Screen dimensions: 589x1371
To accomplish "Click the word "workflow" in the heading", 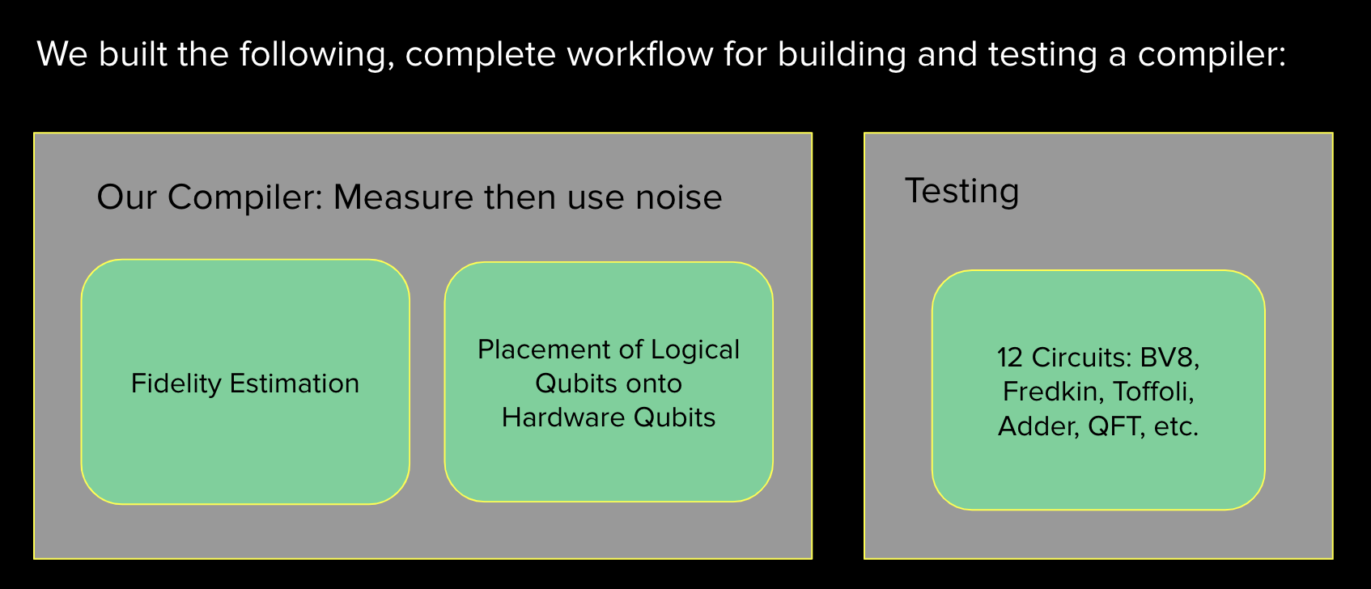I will pos(640,54).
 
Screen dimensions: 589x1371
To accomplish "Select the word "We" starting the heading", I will pos(62,54).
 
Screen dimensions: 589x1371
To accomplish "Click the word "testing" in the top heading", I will pos(1042,54).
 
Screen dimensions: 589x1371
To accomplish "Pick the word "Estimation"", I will pos(295,383).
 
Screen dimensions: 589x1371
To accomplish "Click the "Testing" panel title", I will pos(961,191).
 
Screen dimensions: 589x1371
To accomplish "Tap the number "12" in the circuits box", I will pos(1011,358).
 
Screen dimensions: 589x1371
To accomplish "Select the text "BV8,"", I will pos(1169,358).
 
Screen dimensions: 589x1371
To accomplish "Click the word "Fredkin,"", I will pos(1053,392).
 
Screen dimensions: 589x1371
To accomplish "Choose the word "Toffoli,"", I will pos(1153,392).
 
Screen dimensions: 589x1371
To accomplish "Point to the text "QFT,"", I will pos(1116,426).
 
